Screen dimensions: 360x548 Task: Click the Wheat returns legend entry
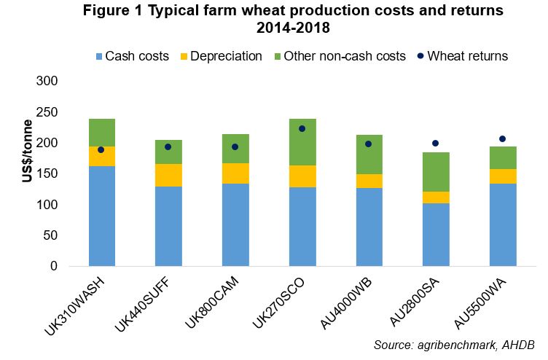[462, 56]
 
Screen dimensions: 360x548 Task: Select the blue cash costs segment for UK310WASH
[102, 216]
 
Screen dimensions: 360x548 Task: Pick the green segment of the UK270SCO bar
[303, 141]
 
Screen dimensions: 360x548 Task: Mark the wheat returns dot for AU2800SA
[436, 144]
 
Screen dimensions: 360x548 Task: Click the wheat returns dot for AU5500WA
[503, 138]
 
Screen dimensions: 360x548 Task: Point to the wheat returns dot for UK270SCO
[302, 128]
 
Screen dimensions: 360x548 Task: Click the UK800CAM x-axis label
[216, 303]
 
